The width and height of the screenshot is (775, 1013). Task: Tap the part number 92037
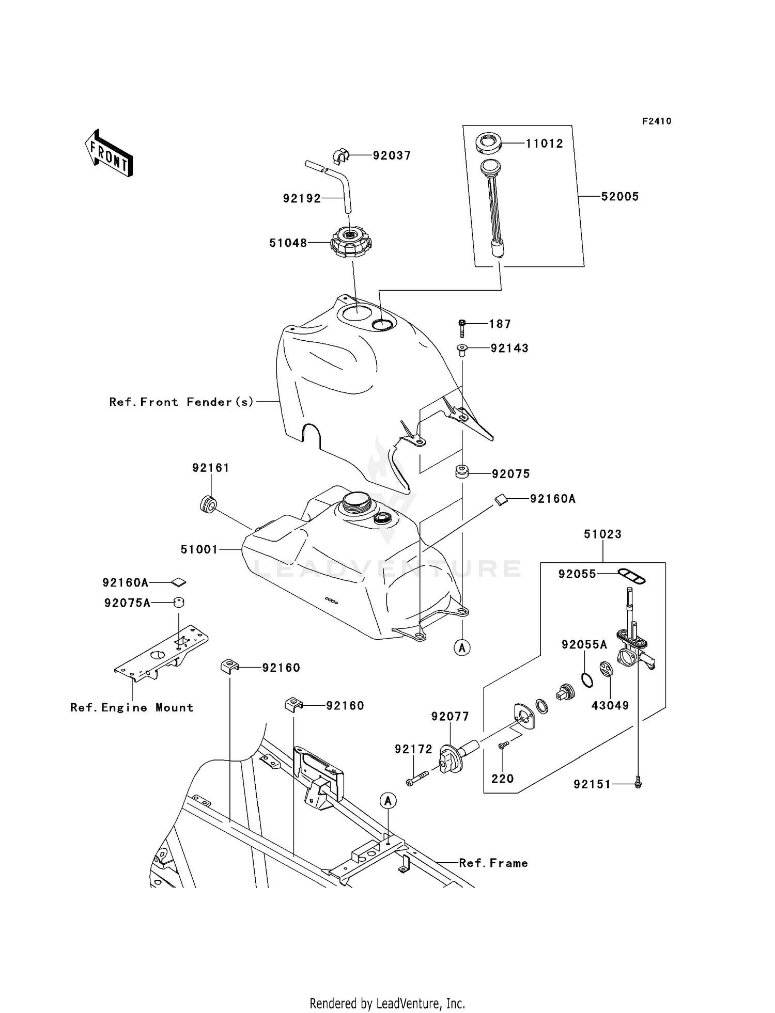[x=392, y=156]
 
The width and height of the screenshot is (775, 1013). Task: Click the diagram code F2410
[x=657, y=121]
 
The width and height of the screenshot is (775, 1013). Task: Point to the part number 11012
[x=544, y=144]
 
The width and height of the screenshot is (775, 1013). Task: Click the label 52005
[x=619, y=197]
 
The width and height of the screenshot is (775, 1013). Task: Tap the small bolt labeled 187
[x=462, y=328]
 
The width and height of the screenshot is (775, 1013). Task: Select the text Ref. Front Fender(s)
[x=181, y=402]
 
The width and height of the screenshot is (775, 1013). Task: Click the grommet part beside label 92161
[x=208, y=504]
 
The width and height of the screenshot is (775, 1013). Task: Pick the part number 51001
[x=199, y=550]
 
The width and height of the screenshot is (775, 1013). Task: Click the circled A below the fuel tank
[x=462, y=647]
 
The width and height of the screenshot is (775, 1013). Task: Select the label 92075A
[x=127, y=603]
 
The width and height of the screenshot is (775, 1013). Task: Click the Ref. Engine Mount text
[x=132, y=708]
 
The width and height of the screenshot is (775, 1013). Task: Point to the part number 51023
[x=602, y=534]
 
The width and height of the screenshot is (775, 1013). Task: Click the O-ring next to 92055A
[x=587, y=680]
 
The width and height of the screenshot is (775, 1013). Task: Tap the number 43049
[x=610, y=705]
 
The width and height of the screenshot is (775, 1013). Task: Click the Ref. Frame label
[x=493, y=863]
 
